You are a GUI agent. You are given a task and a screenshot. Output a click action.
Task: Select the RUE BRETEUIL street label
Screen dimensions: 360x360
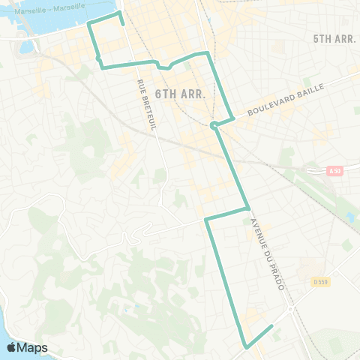pos(146,105)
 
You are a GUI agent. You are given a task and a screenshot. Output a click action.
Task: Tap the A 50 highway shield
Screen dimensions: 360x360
pos(335,171)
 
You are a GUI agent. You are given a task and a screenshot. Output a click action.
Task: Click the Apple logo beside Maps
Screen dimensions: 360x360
pos(12,347)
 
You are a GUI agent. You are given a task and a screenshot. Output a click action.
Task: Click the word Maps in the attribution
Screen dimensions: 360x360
pos(33,347)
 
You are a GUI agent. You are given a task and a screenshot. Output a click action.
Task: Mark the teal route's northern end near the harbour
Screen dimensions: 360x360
pos(123,24)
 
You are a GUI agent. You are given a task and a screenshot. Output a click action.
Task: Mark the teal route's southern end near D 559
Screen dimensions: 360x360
pos(271,326)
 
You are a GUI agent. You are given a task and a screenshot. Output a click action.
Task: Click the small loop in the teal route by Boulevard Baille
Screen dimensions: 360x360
pos(214,124)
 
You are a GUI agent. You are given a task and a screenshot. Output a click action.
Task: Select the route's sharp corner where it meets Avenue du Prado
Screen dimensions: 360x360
pos(247,208)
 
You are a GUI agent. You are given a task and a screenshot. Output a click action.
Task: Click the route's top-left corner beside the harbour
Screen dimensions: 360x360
pos(89,25)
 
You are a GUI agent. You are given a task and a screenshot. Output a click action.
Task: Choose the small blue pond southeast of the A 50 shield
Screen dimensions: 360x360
pos(349,217)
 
